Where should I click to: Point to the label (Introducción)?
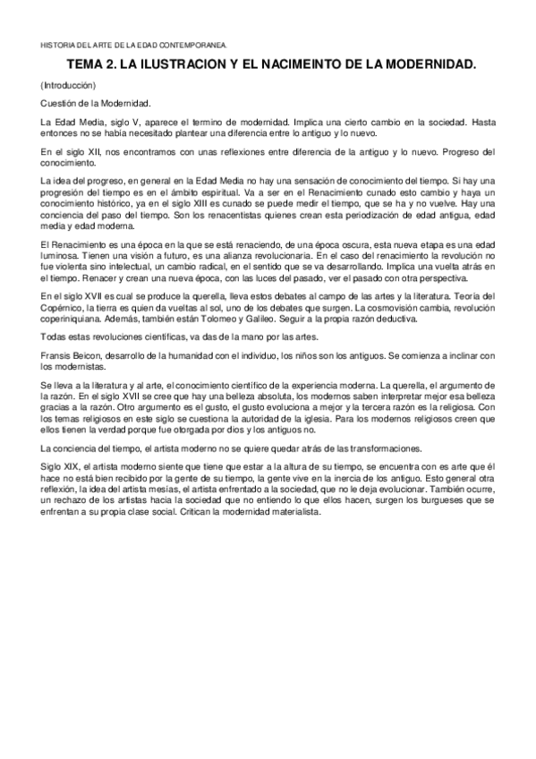click(68, 86)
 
